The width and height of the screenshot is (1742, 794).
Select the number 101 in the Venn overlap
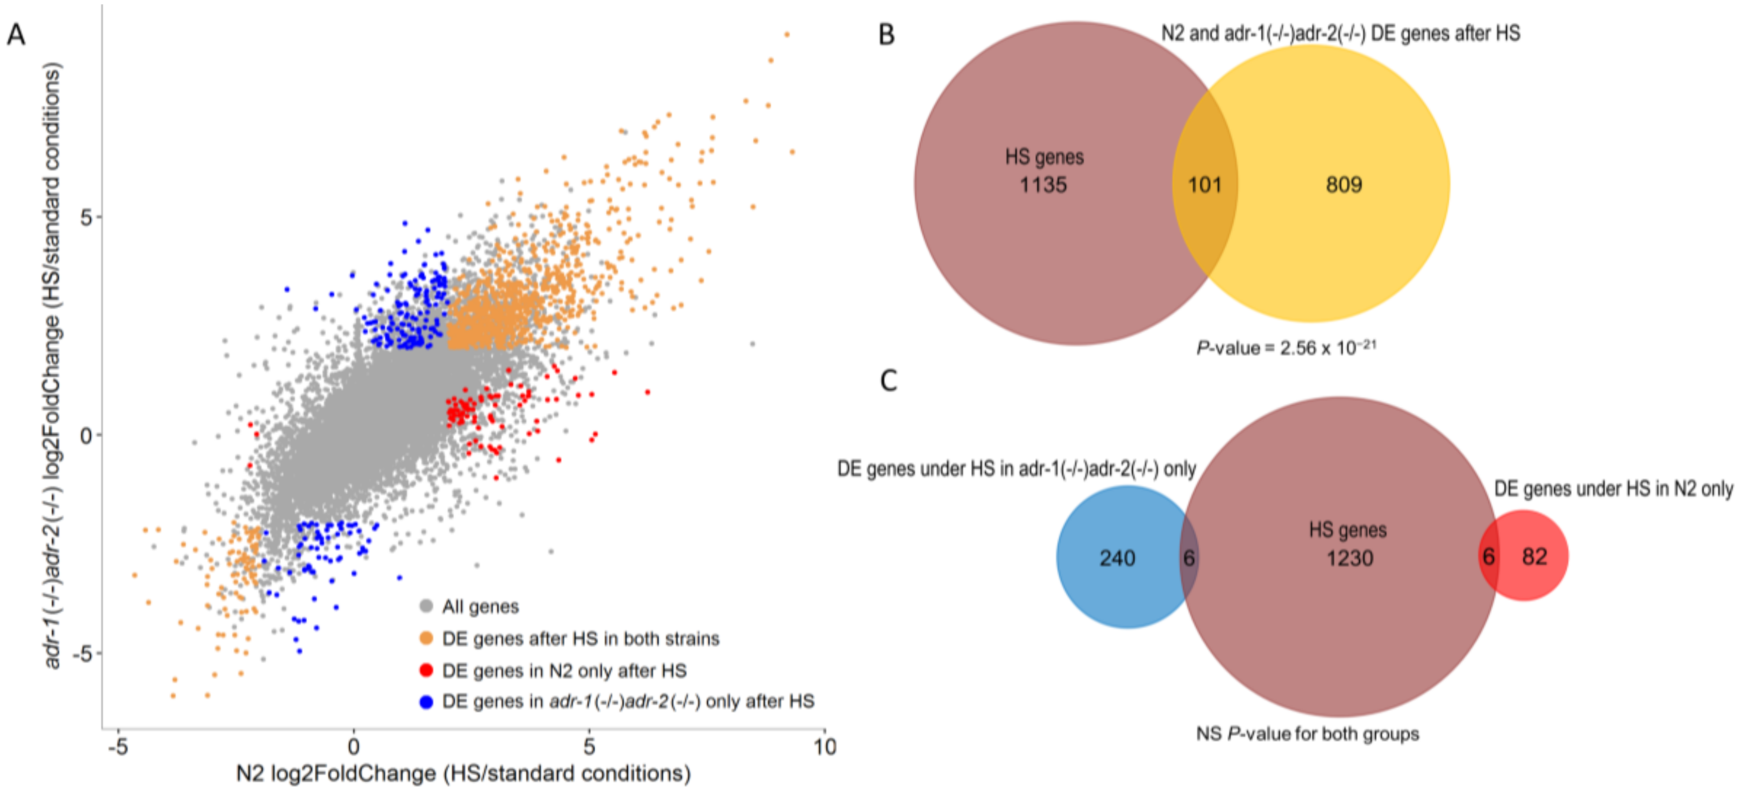click(x=1205, y=185)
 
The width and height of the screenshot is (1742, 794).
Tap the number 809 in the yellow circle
click(x=1344, y=185)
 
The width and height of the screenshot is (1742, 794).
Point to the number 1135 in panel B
click(x=1043, y=185)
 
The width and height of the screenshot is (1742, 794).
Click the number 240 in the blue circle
click(x=1117, y=558)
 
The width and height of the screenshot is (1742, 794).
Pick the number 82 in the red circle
click(x=1534, y=557)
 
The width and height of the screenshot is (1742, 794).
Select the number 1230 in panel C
click(x=1349, y=558)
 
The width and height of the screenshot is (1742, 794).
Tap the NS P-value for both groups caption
click(x=1307, y=734)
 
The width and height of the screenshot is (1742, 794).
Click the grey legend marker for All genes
click(x=426, y=606)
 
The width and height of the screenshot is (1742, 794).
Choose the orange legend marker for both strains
click(x=426, y=638)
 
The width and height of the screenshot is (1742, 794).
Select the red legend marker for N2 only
click(x=426, y=670)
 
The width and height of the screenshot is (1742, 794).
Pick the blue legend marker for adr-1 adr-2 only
click(x=426, y=702)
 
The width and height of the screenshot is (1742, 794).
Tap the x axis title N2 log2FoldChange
click(x=463, y=774)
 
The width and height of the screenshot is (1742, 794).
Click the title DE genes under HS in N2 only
click(x=1613, y=489)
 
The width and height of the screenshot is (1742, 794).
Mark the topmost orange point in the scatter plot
click(x=786, y=34)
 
